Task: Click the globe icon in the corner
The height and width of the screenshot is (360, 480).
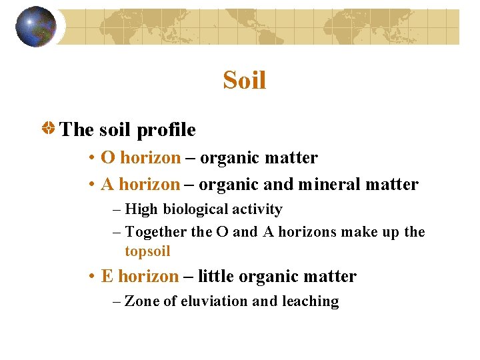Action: (x=36, y=27)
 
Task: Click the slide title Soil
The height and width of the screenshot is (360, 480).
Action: (x=245, y=81)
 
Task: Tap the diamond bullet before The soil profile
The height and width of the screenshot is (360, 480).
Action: (x=49, y=128)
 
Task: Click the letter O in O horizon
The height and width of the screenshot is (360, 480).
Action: (x=107, y=158)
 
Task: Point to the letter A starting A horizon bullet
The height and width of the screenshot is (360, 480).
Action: (x=107, y=184)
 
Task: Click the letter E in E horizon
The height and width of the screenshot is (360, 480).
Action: (x=107, y=276)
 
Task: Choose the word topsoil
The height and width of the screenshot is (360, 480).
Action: (x=147, y=251)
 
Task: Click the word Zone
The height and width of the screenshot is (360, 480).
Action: (x=142, y=301)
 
